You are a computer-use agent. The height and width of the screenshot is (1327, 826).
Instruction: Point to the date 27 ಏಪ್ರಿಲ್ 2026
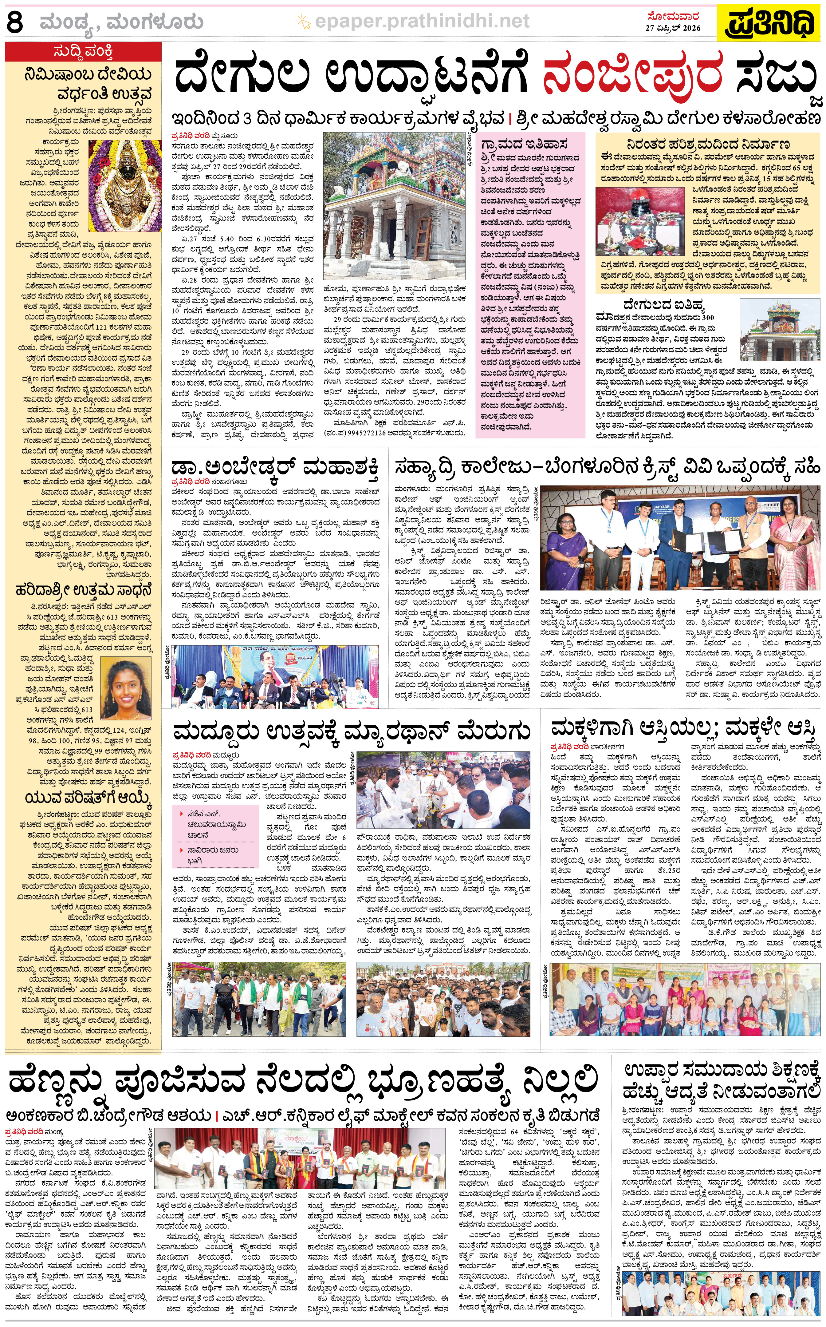pyautogui.click(x=673, y=28)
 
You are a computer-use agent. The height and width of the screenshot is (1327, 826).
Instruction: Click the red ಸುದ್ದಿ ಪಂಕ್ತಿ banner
pyautogui.click(x=84, y=52)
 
